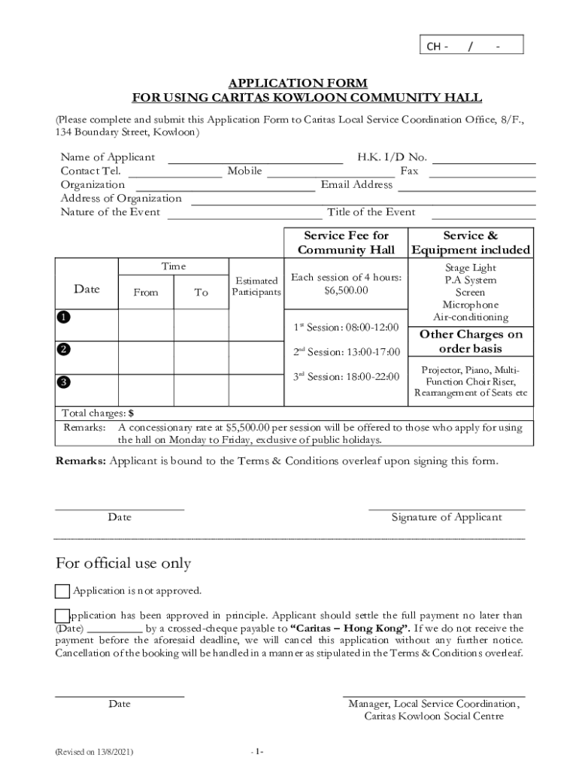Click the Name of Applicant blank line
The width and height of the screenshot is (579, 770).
[255, 159]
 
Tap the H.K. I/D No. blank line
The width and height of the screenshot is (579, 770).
[483, 159]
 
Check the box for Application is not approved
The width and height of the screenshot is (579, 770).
[62, 591]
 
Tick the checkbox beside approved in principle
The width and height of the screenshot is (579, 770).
[62, 615]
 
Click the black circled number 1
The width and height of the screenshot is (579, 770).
[65, 317]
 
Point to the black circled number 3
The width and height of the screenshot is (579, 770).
[65, 382]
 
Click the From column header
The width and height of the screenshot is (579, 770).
[146, 293]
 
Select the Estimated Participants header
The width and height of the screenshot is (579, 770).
[256, 286]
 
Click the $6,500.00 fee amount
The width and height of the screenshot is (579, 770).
[346, 290]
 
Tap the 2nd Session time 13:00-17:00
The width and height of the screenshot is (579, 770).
[346, 352]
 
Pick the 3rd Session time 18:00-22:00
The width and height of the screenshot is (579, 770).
[346, 377]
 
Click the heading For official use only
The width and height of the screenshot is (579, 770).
[123, 563]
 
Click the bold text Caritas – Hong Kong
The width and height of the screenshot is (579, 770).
[350, 628]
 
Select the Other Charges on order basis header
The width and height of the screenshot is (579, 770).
[470, 341]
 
